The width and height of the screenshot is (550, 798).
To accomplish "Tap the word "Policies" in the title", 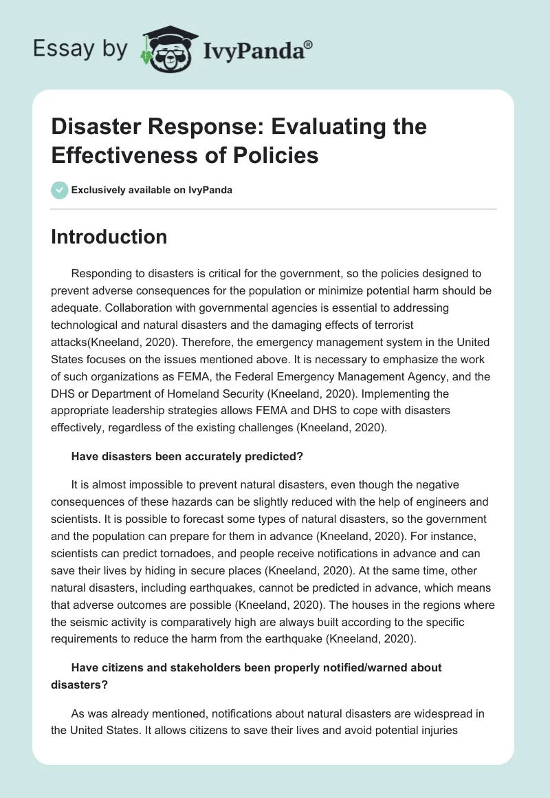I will (276, 155).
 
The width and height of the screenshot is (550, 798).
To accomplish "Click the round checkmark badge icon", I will (59, 190).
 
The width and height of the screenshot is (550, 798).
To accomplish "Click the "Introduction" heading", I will (109, 237).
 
